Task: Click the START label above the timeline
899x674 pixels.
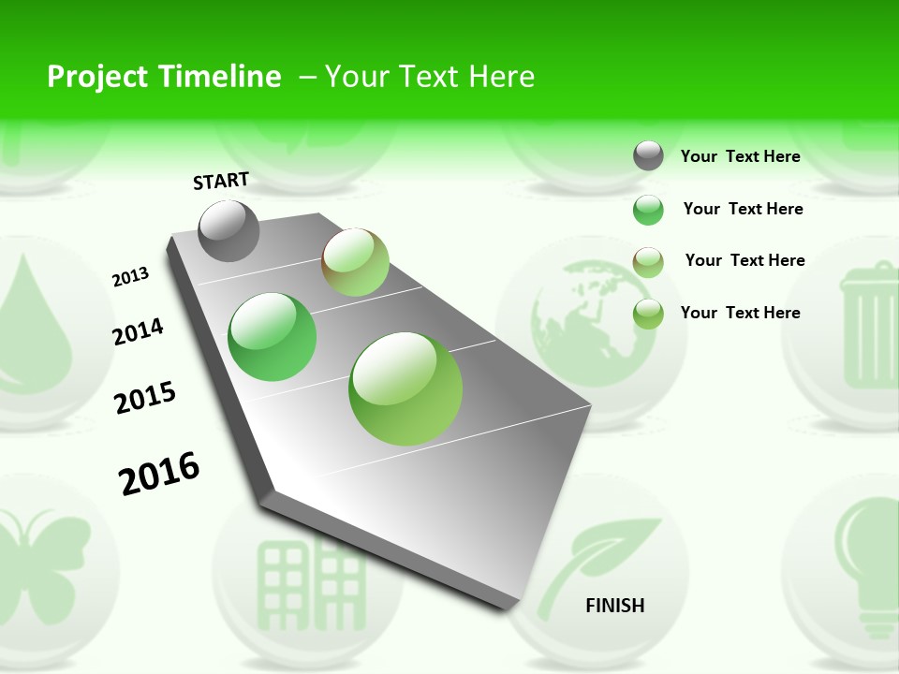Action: point(221,181)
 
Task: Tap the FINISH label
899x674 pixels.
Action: point(615,606)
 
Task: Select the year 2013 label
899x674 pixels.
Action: point(131,277)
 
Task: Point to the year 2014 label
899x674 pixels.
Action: point(139,331)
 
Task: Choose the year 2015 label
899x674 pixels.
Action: point(145,398)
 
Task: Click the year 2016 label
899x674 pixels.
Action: point(159,474)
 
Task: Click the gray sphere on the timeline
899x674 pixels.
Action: point(229,230)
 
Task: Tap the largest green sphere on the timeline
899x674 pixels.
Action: point(405,388)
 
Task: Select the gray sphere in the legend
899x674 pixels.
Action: point(648,155)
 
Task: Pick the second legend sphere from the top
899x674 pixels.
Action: point(648,210)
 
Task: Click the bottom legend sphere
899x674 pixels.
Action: point(648,314)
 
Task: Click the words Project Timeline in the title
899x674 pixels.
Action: point(164,77)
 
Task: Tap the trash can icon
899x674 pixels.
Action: point(871,328)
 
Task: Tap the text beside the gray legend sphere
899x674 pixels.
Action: point(740,156)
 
